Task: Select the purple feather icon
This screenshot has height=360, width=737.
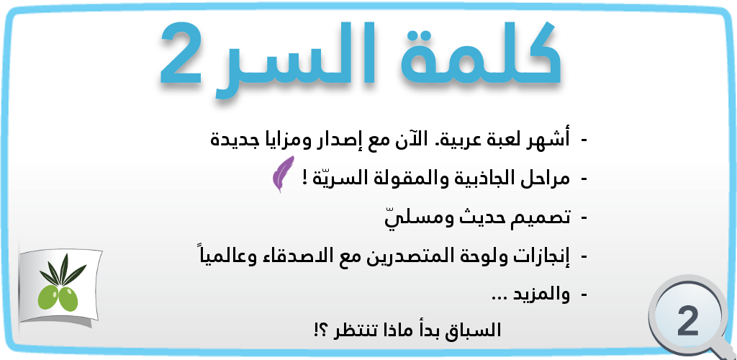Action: tap(282, 176)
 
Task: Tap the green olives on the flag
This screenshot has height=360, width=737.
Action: tap(58, 296)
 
